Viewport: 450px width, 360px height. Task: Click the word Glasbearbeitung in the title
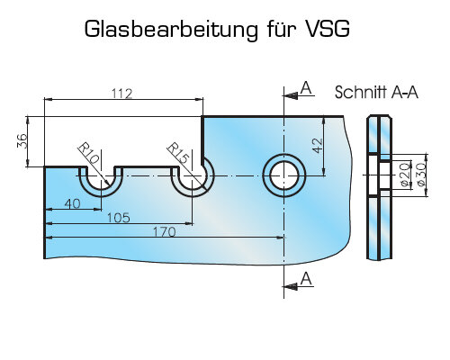171,30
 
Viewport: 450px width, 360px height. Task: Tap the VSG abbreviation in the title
327,29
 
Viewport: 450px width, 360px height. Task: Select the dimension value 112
121,94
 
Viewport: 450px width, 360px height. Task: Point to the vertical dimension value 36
22,141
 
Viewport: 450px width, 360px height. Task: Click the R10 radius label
89,153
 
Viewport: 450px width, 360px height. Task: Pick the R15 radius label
178,153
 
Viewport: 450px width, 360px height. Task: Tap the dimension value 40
73,203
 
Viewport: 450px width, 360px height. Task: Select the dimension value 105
119,218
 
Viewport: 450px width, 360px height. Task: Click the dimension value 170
165,231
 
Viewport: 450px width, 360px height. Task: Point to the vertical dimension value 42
318,146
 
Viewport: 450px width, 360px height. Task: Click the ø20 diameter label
406,175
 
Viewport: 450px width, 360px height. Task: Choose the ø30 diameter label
420,175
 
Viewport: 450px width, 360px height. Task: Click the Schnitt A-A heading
376,92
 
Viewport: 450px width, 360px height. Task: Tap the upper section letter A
306,88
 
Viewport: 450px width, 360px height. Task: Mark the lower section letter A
306,279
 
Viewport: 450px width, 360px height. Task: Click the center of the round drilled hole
284,175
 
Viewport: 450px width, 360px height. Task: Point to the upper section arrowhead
290,96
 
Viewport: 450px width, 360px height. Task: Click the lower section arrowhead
290,287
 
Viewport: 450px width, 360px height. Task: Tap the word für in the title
281,29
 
